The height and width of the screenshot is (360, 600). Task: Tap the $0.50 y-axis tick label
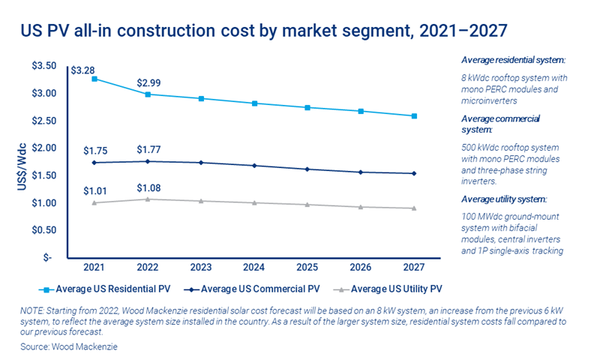44,230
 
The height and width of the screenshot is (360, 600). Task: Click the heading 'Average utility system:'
505,199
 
